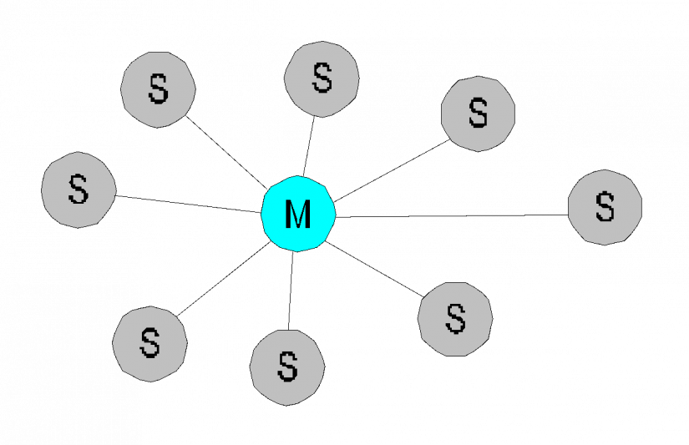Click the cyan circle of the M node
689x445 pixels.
pyautogui.click(x=298, y=214)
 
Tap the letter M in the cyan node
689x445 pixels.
pyautogui.click(x=298, y=215)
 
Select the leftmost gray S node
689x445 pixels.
pyautogui.click(x=79, y=190)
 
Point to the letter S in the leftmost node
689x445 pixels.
pyautogui.click(x=79, y=190)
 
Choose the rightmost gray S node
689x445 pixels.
pyautogui.click(x=605, y=207)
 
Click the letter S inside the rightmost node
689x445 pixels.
pyautogui.click(x=605, y=207)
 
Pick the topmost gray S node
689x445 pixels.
pyautogui.click(x=322, y=78)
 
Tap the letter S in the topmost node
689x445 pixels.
pyautogui.click(x=322, y=78)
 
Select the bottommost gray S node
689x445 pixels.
pyautogui.click(x=287, y=367)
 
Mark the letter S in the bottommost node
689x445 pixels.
pyautogui.click(x=287, y=367)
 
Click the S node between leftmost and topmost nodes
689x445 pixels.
pyautogui.click(x=158, y=89)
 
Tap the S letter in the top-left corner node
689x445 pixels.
pyautogui.click(x=158, y=89)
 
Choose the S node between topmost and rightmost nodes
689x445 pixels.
pyautogui.click(x=478, y=114)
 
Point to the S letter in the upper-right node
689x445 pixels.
pyautogui.click(x=478, y=114)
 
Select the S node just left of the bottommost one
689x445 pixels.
pyautogui.click(x=149, y=343)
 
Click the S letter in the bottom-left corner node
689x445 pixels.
pyautogui.click(x=149, y=343)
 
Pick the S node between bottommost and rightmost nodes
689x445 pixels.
pyautogui.click(x=455, y=319)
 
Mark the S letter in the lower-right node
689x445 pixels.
pyautogui.click(x=455, y=319)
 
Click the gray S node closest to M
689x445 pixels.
pyautogui.click(x=322, y=78)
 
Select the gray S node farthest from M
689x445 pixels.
pyautogui.click(x=605, y=207)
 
